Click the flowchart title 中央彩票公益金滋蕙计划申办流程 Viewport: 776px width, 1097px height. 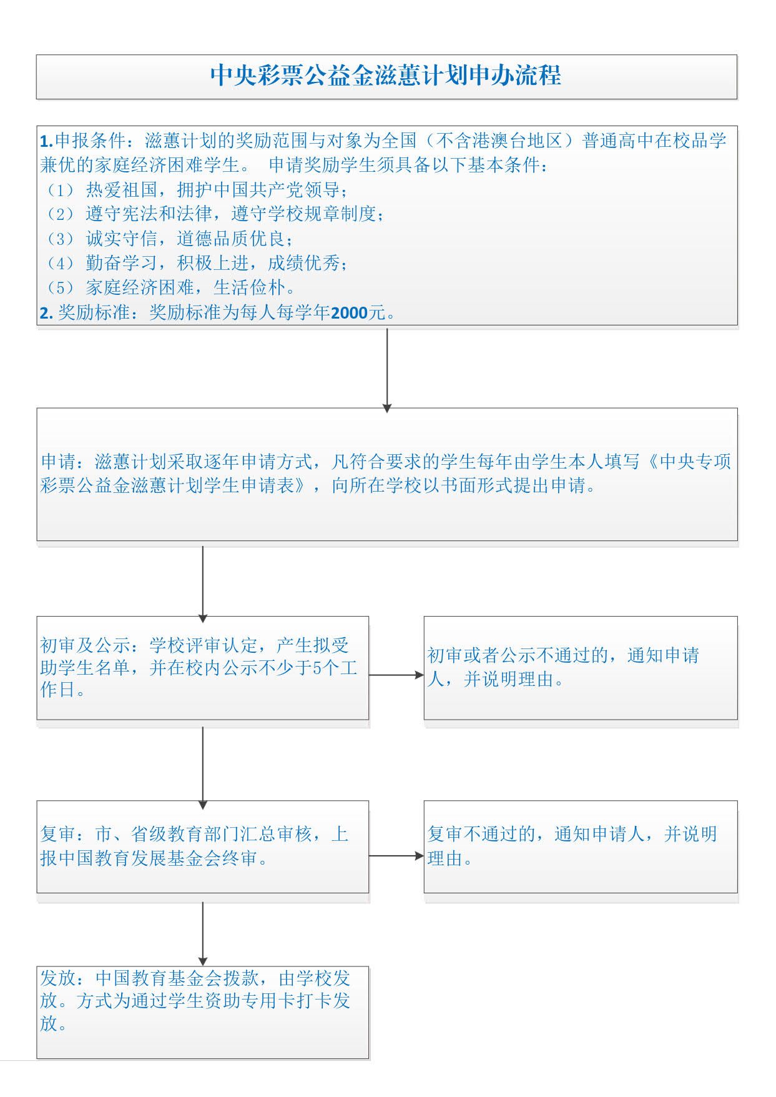tap(386, 76)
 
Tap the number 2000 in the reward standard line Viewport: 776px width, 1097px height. tap(349, 312)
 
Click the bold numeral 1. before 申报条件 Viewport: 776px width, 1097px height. tap(47, 141)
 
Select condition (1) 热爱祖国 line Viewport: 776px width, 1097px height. tap(197, 189)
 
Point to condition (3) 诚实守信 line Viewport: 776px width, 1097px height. tap(169, 238)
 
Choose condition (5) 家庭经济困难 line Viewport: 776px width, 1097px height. tap(170, 287)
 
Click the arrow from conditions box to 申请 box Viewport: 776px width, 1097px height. tap(387, 370)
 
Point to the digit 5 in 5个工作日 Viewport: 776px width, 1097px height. tap(317, 668)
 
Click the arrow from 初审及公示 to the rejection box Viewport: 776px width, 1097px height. tap(396, 675)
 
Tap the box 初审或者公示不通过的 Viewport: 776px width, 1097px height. tap(581, 668)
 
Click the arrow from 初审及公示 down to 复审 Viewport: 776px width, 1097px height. tap(203, 767)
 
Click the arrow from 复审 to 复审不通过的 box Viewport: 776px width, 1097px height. tap(396, 856)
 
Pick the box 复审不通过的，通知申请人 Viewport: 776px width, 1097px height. tap(581, 846)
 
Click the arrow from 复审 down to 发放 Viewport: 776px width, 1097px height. tap(203, 934)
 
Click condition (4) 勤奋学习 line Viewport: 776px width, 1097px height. tap(197, 263)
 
